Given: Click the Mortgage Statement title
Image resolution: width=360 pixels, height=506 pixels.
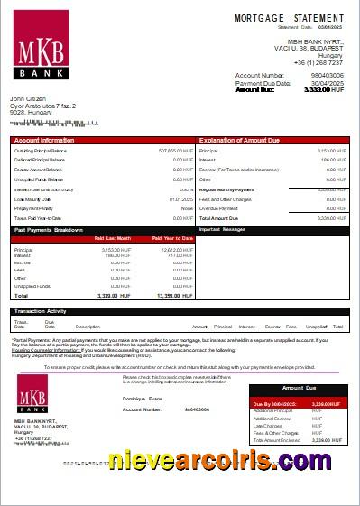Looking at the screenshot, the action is [289, 18].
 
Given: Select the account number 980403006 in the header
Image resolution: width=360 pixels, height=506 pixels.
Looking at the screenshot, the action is [325, 75].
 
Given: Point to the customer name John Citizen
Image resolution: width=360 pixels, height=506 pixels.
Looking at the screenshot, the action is [32, 98].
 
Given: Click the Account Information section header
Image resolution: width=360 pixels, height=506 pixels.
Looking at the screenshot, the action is [44, 141].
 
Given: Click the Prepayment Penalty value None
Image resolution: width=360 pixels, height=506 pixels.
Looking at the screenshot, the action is [188, 208].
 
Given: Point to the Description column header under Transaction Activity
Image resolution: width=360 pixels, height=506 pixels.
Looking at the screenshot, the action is [88, 327].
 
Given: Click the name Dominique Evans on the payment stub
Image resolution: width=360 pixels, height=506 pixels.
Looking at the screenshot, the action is [143, 398].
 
